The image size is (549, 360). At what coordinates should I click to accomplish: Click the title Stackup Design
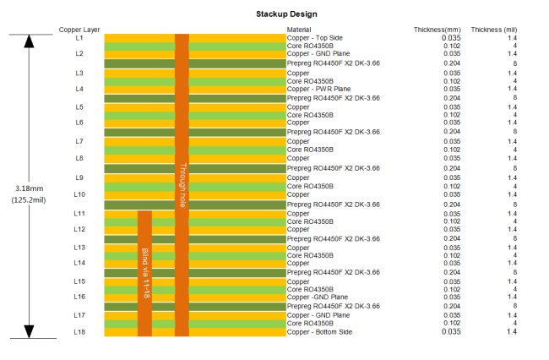[286, 14]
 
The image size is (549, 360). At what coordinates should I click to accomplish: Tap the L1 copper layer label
[79, 38]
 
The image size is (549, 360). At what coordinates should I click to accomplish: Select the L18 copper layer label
[79, 331]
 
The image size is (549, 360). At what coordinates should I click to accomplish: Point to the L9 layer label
[79, 177]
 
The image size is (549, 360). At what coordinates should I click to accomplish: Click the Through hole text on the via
[182, 186]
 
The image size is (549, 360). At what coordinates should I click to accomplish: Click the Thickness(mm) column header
[436, 30]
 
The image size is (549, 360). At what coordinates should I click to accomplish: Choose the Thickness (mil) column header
[494, 30]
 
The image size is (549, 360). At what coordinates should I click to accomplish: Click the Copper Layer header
[79, 30]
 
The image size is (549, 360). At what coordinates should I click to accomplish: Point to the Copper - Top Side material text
[316, 38]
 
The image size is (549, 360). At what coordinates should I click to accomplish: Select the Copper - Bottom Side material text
[321, 331]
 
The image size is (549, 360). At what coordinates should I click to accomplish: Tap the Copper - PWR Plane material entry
[319, 89]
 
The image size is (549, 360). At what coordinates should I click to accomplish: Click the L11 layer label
[79, 213]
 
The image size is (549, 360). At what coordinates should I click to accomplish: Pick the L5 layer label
[79, 107]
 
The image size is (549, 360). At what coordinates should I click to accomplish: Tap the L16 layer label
[79, 297]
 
